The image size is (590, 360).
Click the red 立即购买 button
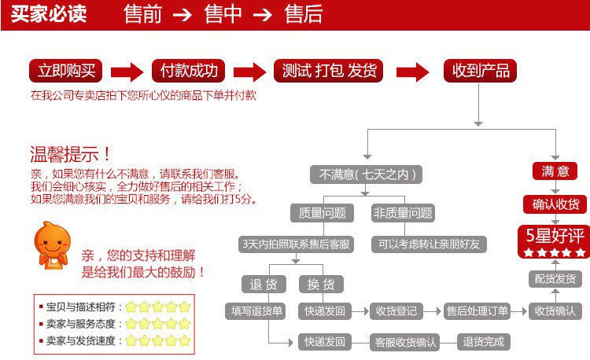pyautogui.click(x=67, y=71)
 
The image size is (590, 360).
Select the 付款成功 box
pyautogui.click(x=189, y=71)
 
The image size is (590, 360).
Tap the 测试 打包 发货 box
pyautogui.click(x=330, y=71)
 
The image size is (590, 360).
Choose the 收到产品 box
pyautogui.click(x=481, y=71)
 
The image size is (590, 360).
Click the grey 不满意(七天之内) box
pyautogui.click(x=366, y=174)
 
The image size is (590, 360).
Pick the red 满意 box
pyautogui.click(x=555, y=171)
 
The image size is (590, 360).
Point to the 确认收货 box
pyautogui.click(x=555, y=204)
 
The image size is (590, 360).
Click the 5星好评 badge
pyautogui.click(x=555, y=241)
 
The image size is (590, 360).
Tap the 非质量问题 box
pyautogui.click(x=403, y=213)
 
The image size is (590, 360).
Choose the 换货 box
pyautogui.click(x=320, y=284)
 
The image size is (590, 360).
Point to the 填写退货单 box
pyautogui.click(x=256, y=310)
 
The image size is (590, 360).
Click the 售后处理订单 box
pyautogui.click(x=477, y=310)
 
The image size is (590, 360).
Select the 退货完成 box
pyautogui.click(x=484, y=341)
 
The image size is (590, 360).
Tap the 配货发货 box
pyautogui.click(x=555, y=278)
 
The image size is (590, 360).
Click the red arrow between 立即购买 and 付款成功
pyautogui.click(x=127, y=72)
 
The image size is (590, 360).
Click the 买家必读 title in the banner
pyautogui.click(x=49, y=14)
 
